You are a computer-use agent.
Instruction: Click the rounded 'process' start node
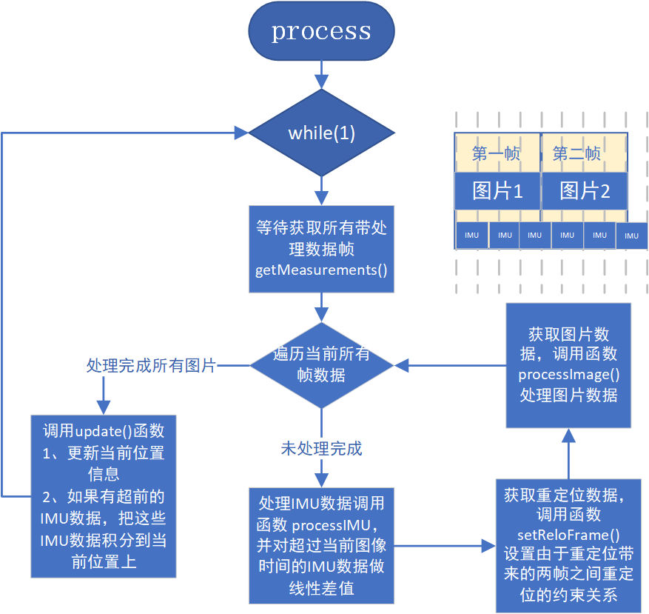pos(321,31)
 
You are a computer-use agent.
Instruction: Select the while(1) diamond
pos(321,133)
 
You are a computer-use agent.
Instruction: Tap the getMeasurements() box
pos(321,248)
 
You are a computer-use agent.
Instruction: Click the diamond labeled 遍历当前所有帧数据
pos(321,364)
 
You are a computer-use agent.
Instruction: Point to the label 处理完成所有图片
pos(151,365)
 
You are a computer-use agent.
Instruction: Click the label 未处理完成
pos(321,449)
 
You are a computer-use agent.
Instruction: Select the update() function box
pos(104,495)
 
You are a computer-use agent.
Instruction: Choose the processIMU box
pos(321,546)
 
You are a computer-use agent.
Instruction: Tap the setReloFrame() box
pos(568,544)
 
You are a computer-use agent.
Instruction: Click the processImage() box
pos(568,364)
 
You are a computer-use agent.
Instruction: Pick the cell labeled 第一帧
pos(497,153)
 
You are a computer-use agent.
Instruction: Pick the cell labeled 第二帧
pos(577,153)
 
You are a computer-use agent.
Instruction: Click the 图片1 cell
pos(497,191)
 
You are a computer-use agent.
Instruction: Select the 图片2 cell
pos(585,191)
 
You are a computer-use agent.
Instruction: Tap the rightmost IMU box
pos(631,236)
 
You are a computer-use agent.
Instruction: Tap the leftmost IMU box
pos(472,235)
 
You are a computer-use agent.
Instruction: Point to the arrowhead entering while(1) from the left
pos(241,133)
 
